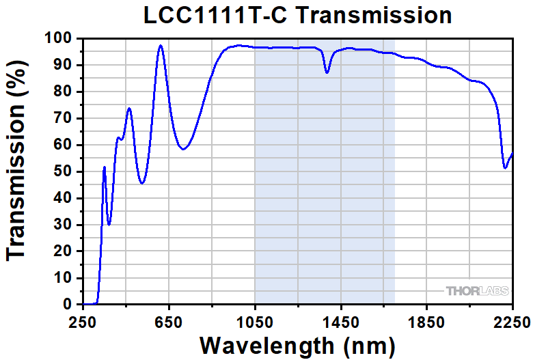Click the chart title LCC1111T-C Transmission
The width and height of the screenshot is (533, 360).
(x=298, y=15)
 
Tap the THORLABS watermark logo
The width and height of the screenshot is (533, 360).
(x=477, y=291)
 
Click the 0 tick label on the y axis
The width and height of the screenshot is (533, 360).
(x=68, y=304)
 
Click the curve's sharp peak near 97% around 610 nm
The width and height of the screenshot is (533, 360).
(x=161, y=46)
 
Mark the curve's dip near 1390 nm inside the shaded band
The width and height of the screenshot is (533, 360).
(x=327, y=72)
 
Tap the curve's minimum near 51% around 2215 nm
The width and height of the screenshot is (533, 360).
(x=505, y=168)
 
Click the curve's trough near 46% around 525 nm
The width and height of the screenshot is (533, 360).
(x=142, y=183)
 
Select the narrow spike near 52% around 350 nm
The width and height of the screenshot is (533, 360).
(x=104, y=167)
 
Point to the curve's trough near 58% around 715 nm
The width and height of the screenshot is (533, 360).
(x=183, y=149)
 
